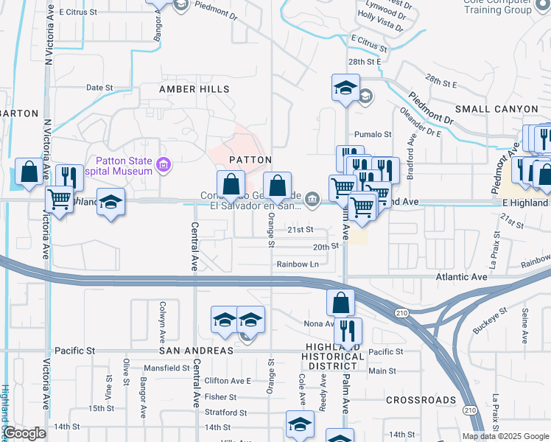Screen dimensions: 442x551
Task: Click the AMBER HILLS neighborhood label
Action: click(195, 89)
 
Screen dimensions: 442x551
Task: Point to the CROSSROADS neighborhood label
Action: click(421, 400)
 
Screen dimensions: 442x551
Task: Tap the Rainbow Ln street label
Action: click(298, 264)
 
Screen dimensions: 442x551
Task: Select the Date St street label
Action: click(99, 87)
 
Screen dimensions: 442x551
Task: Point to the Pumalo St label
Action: click(372, 134)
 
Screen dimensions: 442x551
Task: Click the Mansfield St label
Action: click(167, 367)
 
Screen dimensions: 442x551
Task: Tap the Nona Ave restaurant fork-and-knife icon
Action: click(348, 330)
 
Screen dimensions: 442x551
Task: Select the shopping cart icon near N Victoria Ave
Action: click(59, 197)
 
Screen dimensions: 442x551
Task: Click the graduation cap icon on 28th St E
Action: click(345, 88)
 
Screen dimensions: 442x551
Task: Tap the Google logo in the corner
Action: click(24, 433)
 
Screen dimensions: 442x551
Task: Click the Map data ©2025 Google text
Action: click(505, 436)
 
